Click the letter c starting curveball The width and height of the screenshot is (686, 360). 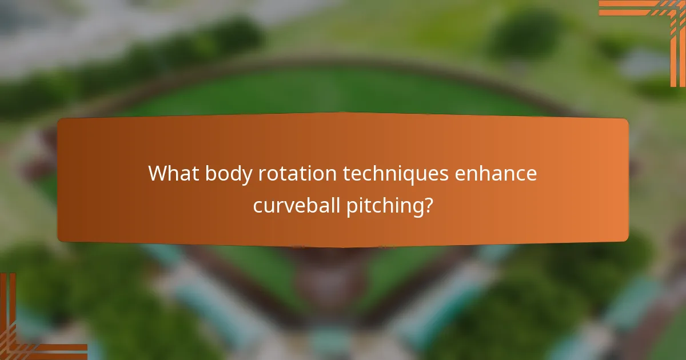(x=258, y=206)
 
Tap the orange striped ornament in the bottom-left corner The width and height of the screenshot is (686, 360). (x=29, y=331)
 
